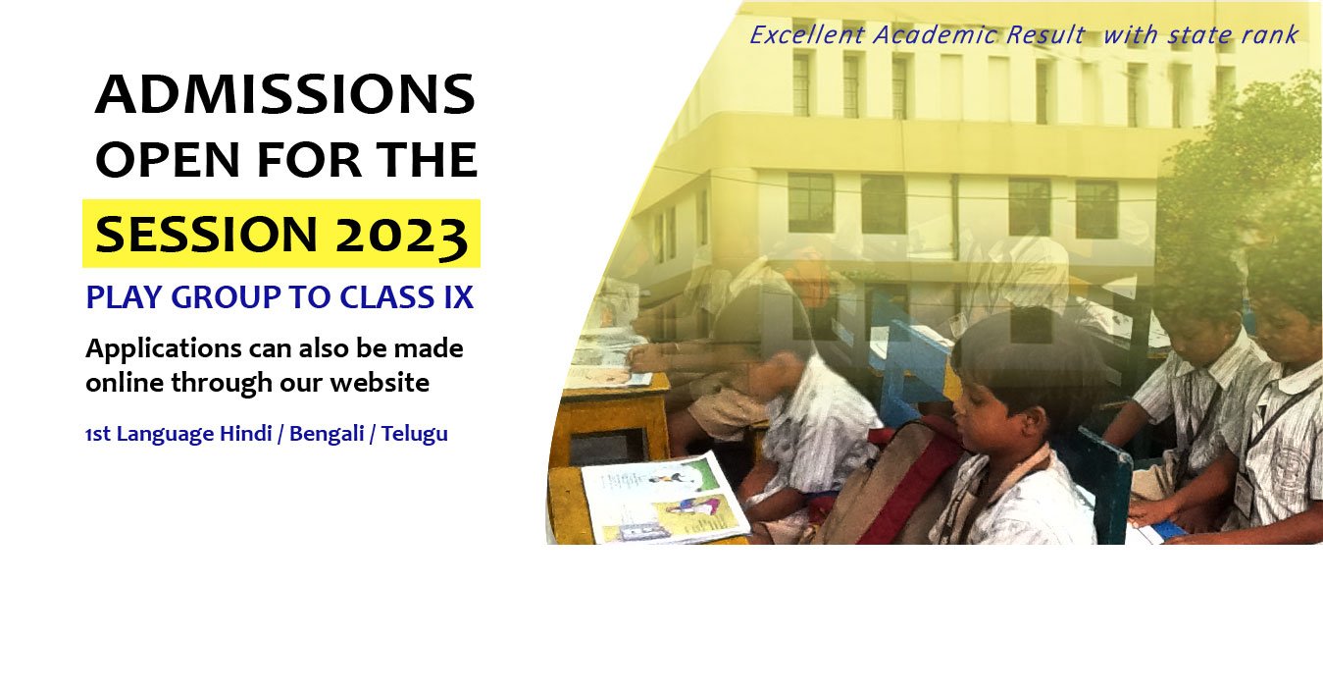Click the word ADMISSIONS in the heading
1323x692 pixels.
pos(285,94)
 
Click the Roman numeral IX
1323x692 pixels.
pos(458,296)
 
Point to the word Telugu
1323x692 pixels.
pos(415,435)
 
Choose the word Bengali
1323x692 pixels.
pos(327,435)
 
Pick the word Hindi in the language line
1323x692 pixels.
pos(246,433)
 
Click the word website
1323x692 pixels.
pos(380,383)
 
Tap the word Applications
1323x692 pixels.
pos(164,349)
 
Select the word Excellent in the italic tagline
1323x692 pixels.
pos(807,35)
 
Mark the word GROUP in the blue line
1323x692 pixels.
pos(226,296)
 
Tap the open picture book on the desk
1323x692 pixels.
pos(665,499)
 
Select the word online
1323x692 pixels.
pos(125,383)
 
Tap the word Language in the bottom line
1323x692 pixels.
pos(165,435)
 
